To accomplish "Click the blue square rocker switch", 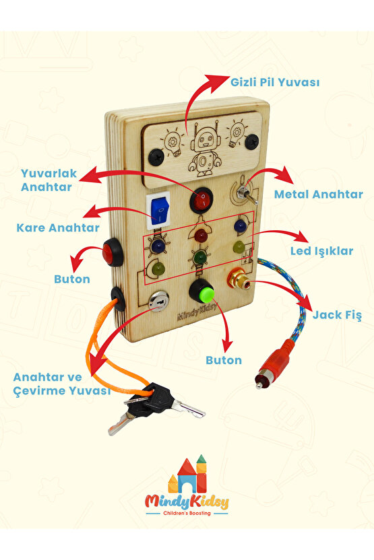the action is [x=158, y=211].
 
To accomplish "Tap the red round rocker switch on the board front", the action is [x=201, y=201].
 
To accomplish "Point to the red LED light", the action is [x=201, y=236].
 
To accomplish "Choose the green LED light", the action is [x=200, y=256].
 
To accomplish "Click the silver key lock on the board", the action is [x=159, y=301].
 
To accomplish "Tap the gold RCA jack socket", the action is [x=239, y=279].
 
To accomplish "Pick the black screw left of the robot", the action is [x=156, y=157].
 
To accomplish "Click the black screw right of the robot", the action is [x=253, y=141].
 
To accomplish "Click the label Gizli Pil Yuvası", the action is [x=275, y=83].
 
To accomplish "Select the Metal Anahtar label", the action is [x=318, y=195].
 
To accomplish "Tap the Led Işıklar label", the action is [x=321, y=252].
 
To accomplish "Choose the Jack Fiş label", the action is [x=337, y=316].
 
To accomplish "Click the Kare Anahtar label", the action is [x=58, y=228].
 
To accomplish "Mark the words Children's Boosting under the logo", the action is [x=187, y=513].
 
